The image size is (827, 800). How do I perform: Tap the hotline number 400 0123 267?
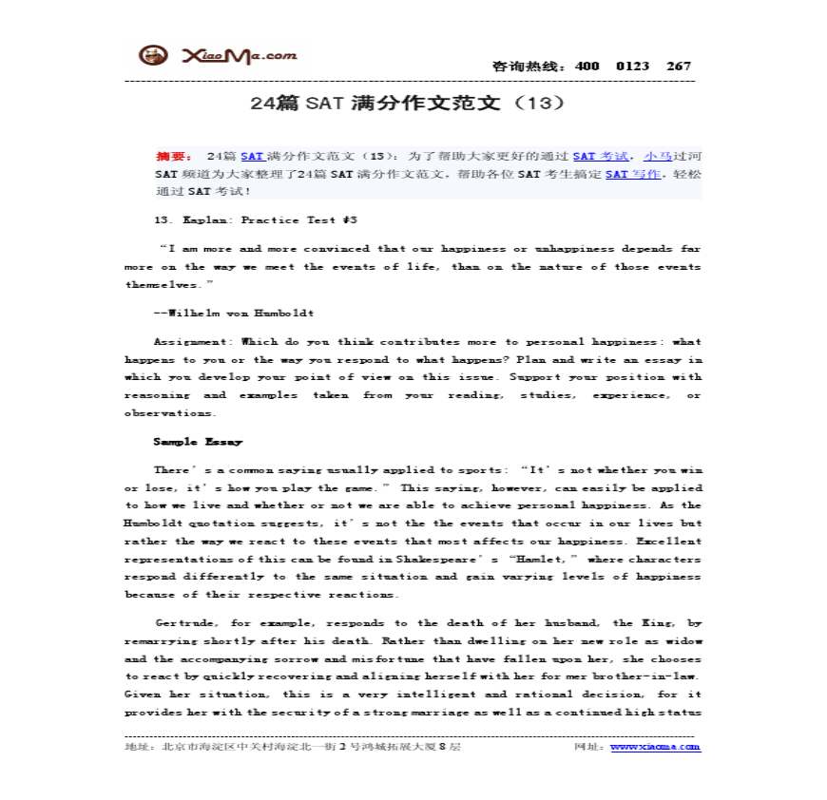[633, 67]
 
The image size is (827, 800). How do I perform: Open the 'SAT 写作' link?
[630, 174]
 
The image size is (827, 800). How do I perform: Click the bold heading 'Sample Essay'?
[198, 442]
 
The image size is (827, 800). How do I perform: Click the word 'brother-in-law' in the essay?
[652, 676]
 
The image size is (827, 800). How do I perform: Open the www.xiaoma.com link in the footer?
[655, 747]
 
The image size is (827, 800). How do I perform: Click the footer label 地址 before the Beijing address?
[137, 747]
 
